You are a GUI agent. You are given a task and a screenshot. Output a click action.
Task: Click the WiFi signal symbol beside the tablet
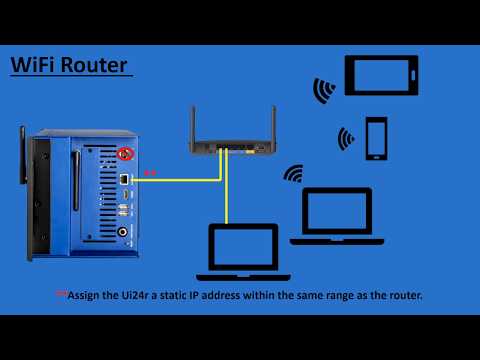(324, 91)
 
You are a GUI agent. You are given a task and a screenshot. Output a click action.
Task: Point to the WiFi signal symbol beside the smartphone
(346, 137)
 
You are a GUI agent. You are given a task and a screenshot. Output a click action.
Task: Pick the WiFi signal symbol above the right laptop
(293, 174)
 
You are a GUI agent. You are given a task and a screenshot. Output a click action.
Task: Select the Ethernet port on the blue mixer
(122, 178)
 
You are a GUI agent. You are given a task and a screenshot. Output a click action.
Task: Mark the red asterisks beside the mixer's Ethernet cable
(149, 172)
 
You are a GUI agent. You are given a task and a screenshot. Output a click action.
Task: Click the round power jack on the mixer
(125, 233)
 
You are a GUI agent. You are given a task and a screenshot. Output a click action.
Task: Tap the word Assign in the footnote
(82, 296)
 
